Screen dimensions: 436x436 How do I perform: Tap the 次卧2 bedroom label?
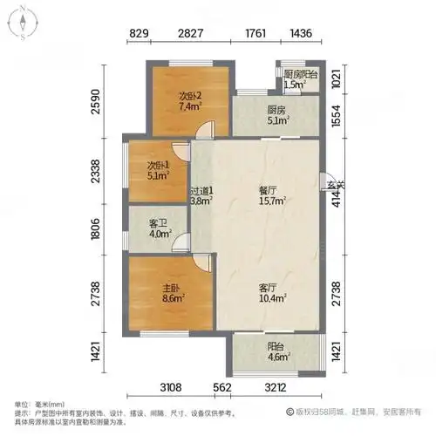[x=191, y=96]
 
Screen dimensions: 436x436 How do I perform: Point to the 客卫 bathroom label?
[x=158, y=223]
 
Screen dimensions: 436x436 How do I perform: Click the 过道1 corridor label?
[x=201, y=192]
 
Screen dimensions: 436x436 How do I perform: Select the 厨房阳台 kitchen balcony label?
[x=301, y=75]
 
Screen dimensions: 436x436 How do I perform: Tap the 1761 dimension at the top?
[x=255, y=34]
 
